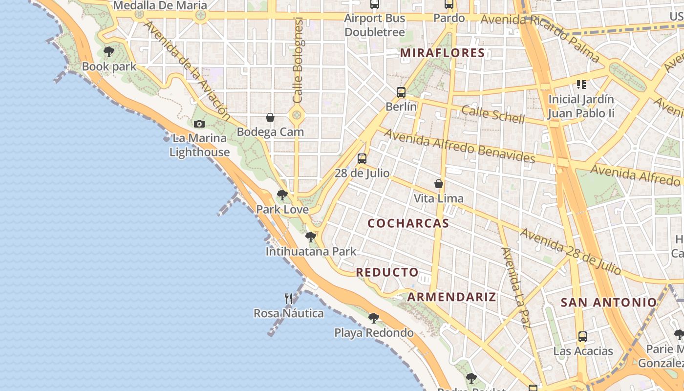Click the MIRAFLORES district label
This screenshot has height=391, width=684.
tap(442, 53)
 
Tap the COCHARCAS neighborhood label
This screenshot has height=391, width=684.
tap(408, 223)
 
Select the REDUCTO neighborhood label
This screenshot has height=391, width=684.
tap(387, 272)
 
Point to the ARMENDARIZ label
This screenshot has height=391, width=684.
tap(451, 297)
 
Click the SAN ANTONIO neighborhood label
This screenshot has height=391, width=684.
tap(608, 302)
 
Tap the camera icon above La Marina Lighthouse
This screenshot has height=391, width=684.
tap(199, 124)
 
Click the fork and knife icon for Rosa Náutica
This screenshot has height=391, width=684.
tap(289, 299)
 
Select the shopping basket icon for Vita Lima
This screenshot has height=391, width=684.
tap(439, 184)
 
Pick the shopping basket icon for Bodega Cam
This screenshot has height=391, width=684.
tap(270, 118)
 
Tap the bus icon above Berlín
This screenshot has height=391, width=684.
tap(401, 92)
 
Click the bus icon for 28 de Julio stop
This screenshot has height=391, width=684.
tap(362, 159)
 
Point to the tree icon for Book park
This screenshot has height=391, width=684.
tap(109, 52)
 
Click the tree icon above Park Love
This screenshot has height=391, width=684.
tap(282, 195)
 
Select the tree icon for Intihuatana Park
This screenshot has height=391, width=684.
tap(310, 238)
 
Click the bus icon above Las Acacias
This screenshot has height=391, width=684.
tap(583, 337)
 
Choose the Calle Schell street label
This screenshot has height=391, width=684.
tap(493, 114)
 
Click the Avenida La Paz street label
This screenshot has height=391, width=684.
tap(516, 288)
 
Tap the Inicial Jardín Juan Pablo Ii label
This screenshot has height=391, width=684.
tap(581, 107)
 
